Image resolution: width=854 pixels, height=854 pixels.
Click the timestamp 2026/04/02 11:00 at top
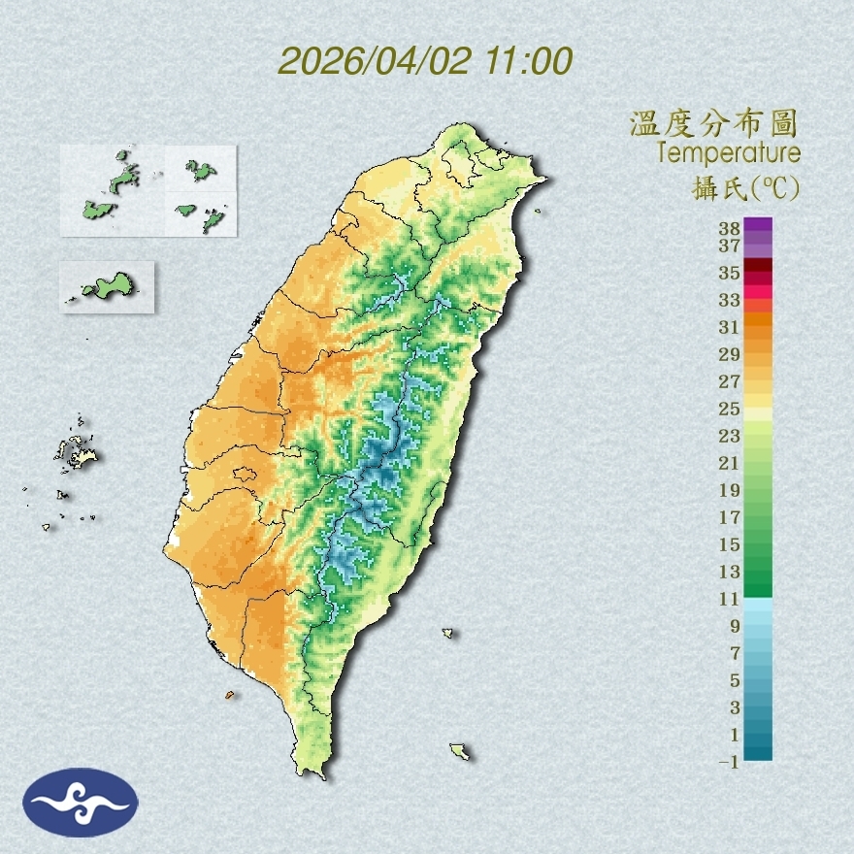(x=425, y=61)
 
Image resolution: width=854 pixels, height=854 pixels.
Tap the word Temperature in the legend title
(x=728, y=152)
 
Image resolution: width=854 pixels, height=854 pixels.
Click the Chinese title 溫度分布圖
(x=714, y=123)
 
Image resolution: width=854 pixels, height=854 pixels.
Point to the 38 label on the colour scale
(x=730, y=228)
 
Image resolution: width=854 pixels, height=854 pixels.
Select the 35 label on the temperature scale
(x=730, y=273)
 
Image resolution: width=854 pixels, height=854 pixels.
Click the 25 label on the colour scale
(x=730, y=408)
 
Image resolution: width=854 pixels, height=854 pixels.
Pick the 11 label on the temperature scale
(x=730, y=599)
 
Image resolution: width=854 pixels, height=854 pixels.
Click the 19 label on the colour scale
(x=730, y=489)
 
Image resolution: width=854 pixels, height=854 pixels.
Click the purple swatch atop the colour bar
(x=759, y=225)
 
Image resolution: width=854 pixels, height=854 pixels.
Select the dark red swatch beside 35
(x=759, y=266)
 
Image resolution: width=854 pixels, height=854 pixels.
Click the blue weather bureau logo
(x=81, y=802)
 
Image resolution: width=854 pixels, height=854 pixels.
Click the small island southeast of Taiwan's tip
(x=460, y=751)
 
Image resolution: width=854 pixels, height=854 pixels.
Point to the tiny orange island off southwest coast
(x=229, y=695)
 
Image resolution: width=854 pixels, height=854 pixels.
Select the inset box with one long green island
(x=107, y=286)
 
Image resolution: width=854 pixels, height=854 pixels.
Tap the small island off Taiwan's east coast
(x=448, y=634)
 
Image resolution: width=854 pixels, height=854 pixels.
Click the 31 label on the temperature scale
(x=730, y=326)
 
